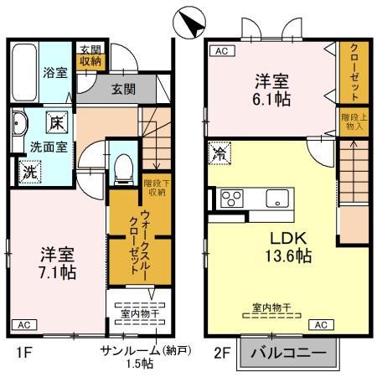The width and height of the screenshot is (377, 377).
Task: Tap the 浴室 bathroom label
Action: [x=55, y=73]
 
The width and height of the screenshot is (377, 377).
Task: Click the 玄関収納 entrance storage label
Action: [x=90, y=54]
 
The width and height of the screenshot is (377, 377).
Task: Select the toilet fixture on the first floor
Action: [x=122, y=168]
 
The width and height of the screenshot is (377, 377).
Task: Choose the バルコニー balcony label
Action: [x=291, y=354]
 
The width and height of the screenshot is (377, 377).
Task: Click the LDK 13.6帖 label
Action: [x=290, y=245]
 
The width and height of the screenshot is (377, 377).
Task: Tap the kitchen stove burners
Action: [x=230, y=199]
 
